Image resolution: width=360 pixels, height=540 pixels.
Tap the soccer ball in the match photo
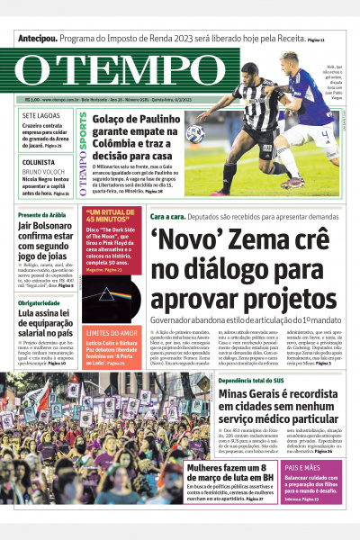(195, 134)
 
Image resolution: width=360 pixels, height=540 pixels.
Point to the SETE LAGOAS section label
(42, 116)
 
